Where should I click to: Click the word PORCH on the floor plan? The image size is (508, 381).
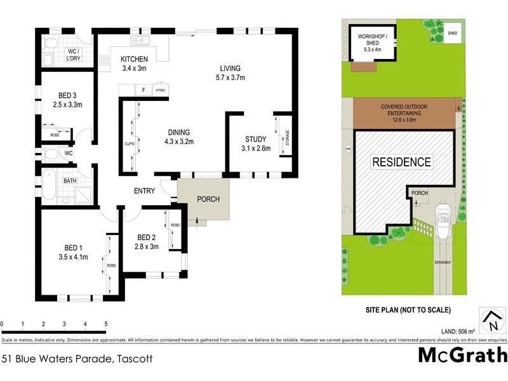pyautogui.click(x=208, y=199)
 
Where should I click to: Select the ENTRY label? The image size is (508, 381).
pyautogui.click(x=145, y=190)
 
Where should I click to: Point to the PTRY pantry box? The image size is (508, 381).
pyautogui.click(x=160, y=90)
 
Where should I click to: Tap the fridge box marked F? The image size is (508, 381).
pyautogui.click(x=144, y=90)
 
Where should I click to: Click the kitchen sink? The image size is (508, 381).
pyautogui.click(x=140, y=42)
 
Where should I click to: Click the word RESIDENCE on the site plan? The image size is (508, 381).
pyautogui.click(x=401, y=162)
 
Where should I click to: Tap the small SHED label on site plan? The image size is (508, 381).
pyautogui.click(x=452, y=33)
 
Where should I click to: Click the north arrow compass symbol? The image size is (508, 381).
pyautogui.click(x=489, y=319)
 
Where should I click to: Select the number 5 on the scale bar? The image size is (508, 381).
pyautogui.click(x=105, y=324)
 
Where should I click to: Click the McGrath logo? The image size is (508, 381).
pyautogui.click(x=462, y=355)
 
